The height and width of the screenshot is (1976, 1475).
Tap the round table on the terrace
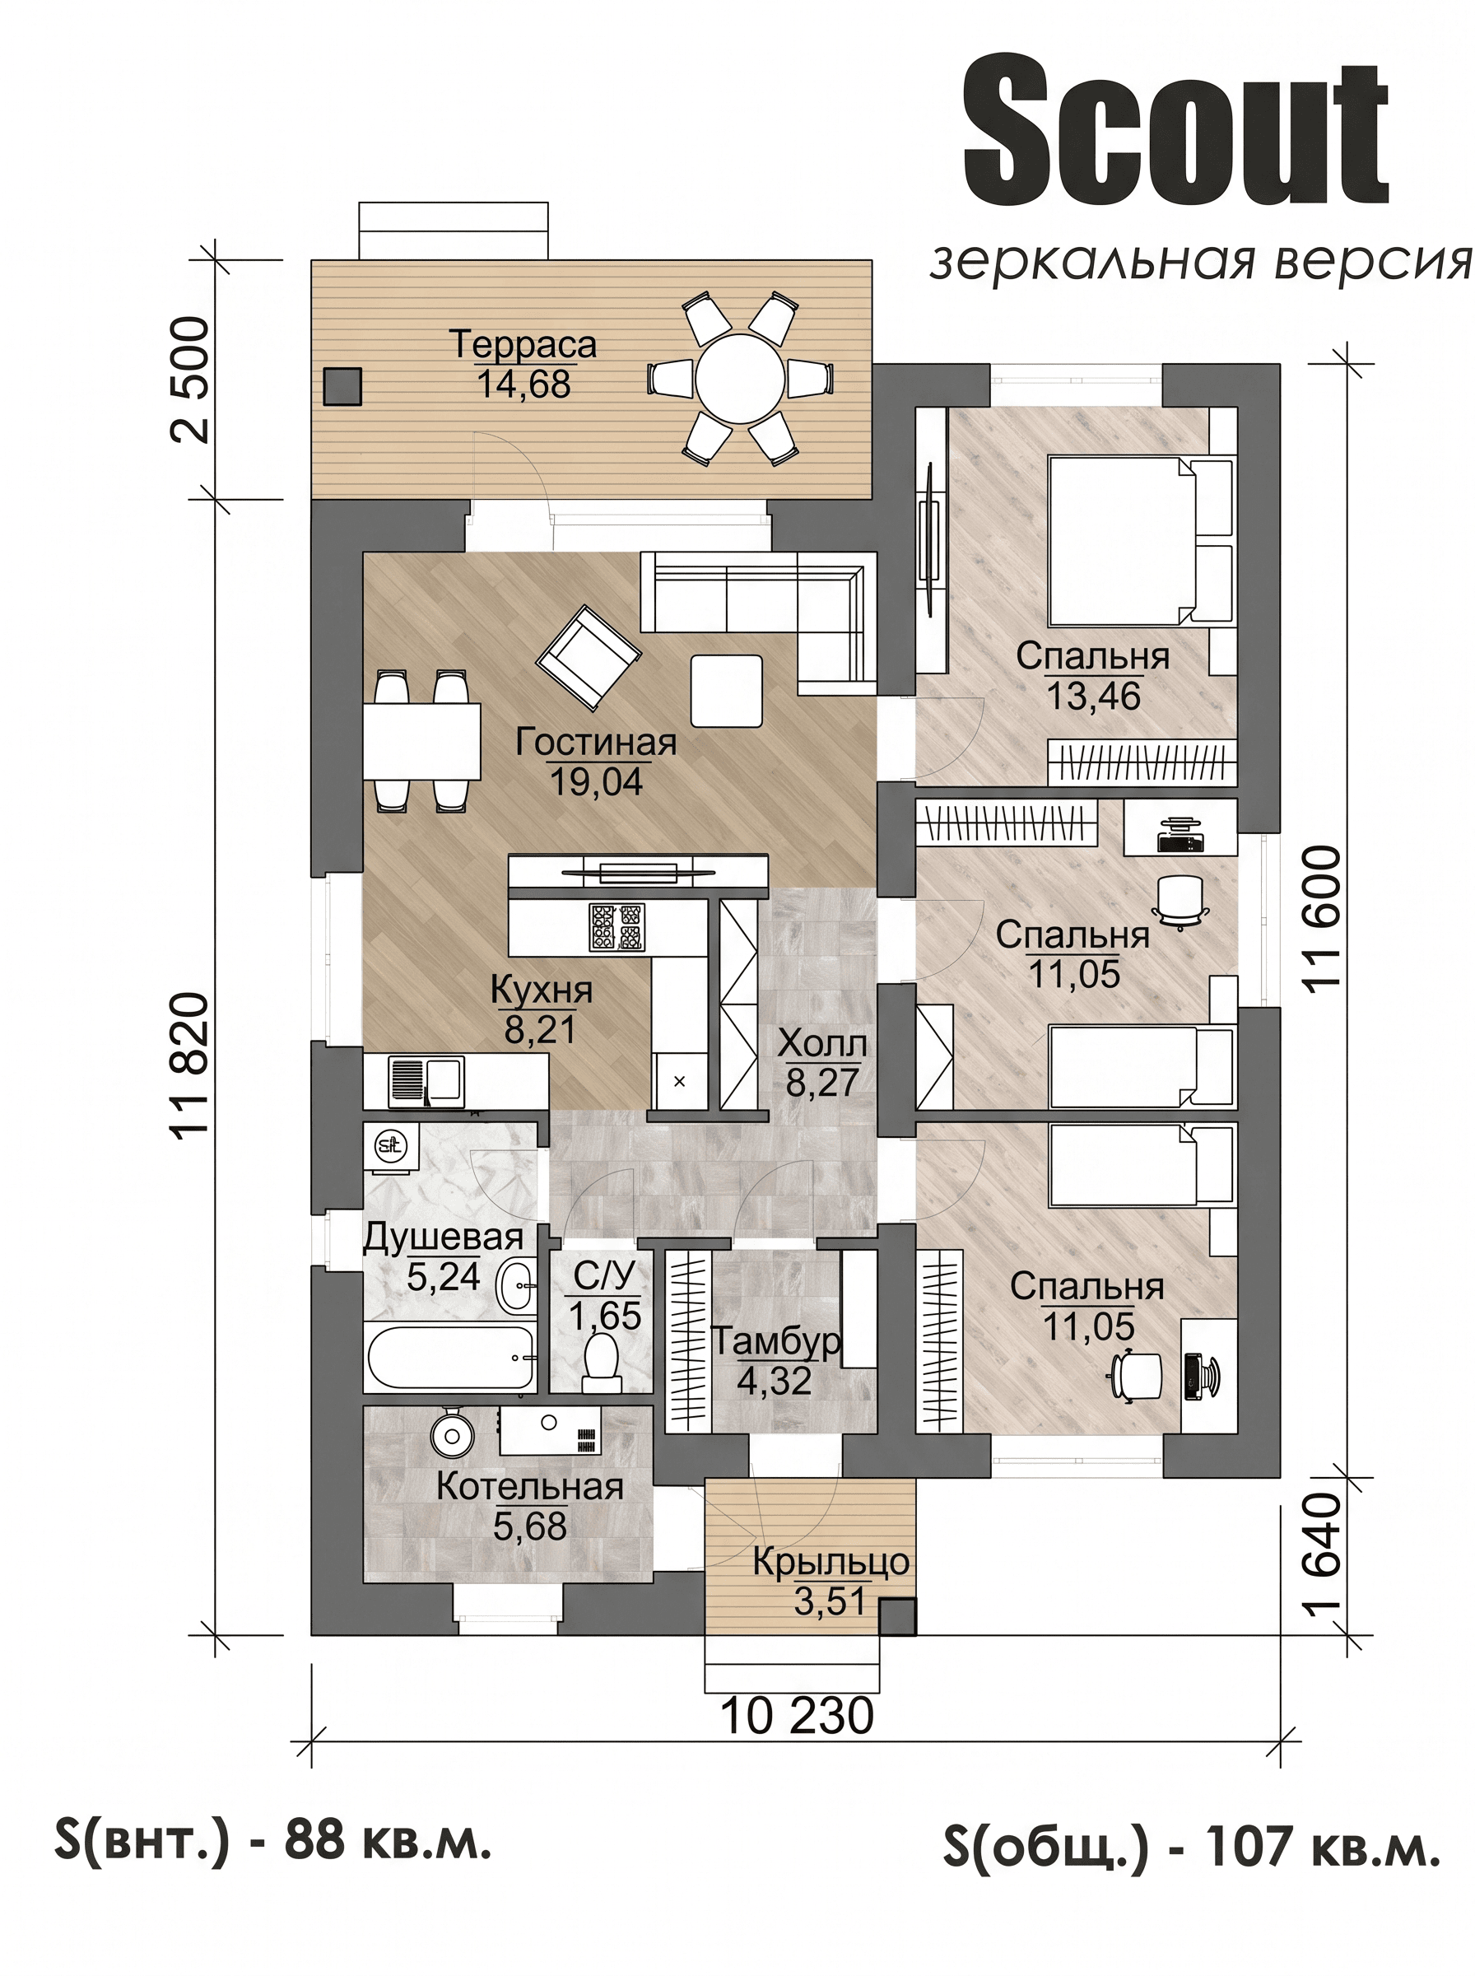pos(740,379)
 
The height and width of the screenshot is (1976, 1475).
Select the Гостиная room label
pos(596,742)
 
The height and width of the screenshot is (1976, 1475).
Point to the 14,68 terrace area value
pos(523,384)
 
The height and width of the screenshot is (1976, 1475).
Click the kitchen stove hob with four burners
pos(616,926)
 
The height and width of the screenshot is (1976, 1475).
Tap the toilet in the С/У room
pos(601,1362)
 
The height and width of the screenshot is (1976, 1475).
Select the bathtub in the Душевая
pos(451,1357)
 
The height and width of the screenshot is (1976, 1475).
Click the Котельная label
pos(529,1487)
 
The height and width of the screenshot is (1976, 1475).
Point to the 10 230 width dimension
pos(797,1716)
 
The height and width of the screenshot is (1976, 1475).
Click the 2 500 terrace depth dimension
pos(190,380)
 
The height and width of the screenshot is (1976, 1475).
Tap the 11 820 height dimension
pos(190,1065)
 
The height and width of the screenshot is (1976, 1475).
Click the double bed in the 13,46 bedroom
pos(1141,541)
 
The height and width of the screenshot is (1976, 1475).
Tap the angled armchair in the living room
pos(589,655)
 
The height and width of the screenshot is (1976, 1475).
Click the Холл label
pos(821,1043)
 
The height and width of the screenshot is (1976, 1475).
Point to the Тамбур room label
pos(775,1341)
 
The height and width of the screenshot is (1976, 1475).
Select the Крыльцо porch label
pos(831,1561)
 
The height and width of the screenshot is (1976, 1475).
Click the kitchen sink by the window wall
pos(427,1081)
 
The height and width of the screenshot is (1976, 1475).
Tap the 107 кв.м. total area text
pos(1323,1847)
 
